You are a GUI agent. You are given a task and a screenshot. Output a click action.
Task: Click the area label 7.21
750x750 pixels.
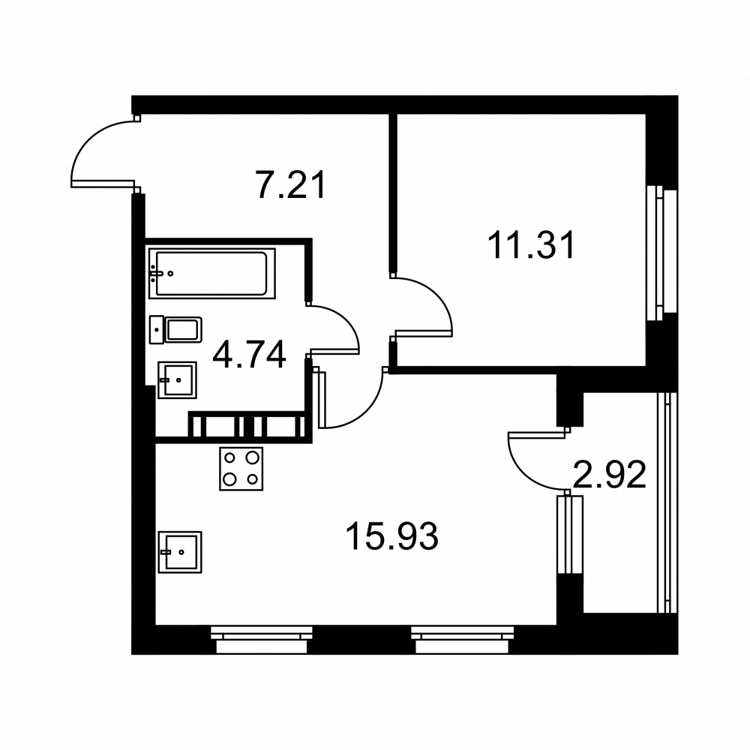(291, 184)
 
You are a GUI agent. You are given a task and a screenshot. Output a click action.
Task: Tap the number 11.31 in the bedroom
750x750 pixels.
(532, 245)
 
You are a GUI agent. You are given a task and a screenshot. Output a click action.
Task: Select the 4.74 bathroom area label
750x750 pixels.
(249, 355)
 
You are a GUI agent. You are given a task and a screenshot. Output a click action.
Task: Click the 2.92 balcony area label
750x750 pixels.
(609, 474)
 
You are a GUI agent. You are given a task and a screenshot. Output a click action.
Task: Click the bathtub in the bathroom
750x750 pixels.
(212, 274)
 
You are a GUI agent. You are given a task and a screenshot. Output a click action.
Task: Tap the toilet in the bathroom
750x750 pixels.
(175, 329)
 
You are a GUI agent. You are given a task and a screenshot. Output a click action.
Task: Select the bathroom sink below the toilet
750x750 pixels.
(178, 379)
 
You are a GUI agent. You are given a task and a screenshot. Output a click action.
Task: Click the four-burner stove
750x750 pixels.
(241, 468)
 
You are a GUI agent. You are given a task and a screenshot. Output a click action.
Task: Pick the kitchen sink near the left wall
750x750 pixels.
(180, 552)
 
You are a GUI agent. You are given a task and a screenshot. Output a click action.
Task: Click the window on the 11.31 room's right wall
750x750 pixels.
(662, 253)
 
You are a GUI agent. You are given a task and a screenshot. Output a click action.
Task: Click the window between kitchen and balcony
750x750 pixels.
(570, 534)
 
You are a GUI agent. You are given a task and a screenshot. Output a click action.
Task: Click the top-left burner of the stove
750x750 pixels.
(230, 457)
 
